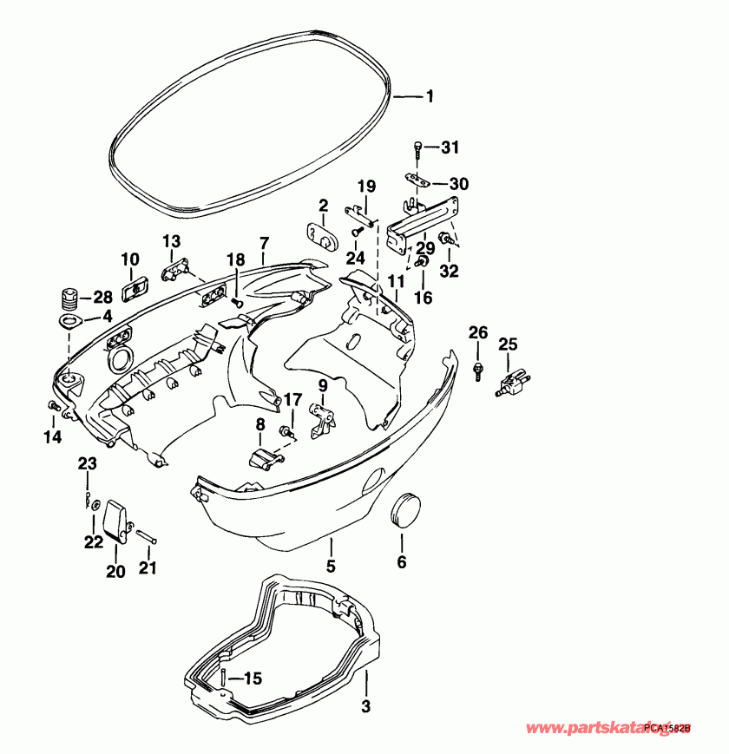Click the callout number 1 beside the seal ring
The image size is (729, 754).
click(429, 98)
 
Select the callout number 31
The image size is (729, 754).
click(449, 148)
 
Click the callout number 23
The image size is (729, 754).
click(87, 464)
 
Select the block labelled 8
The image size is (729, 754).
click(261, 457)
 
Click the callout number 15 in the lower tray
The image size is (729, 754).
click(252, 679)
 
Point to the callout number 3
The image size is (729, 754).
click(366, 706)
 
